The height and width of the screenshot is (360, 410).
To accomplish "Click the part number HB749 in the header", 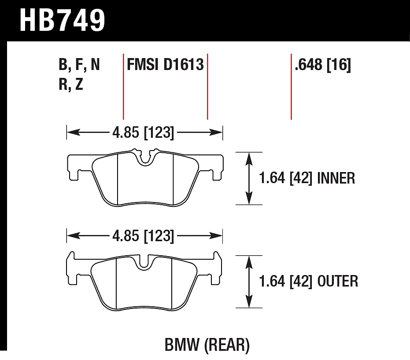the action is pyautogui.click(x=62, y=20).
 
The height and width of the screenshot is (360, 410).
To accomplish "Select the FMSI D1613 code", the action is pyautogui.click(x=165, y=64).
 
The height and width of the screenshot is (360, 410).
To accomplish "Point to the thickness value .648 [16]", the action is pyautogui.click(x=322, y=65).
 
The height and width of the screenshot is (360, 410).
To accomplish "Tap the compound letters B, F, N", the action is pyautogui.click(x=79, y=65).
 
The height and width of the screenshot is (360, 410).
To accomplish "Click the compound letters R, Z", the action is pyautogui.click(x=71, y=84).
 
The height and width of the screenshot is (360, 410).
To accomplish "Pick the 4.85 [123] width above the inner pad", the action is pyautogui.click(x=143, y=132).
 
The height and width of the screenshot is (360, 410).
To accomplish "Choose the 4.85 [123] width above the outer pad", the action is pyautogui.click(x=143, y=236).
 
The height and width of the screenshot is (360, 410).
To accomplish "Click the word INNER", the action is pyautogui.click(x=336, y=178).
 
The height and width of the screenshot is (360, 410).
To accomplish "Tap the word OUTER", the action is pyautogui.click(x=338, y=281).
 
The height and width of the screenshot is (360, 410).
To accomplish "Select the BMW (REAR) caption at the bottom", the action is pyautogui.click(x=207, y=345).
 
